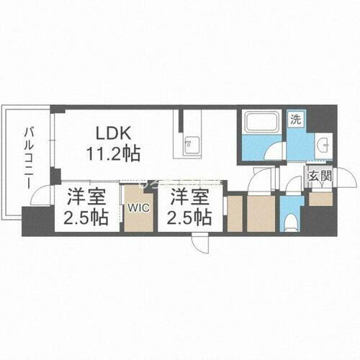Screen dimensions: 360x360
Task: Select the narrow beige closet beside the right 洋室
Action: click(235, 213)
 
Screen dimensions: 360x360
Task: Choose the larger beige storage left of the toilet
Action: click(260, 213)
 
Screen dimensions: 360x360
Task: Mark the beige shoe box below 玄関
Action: click(320, 199)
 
